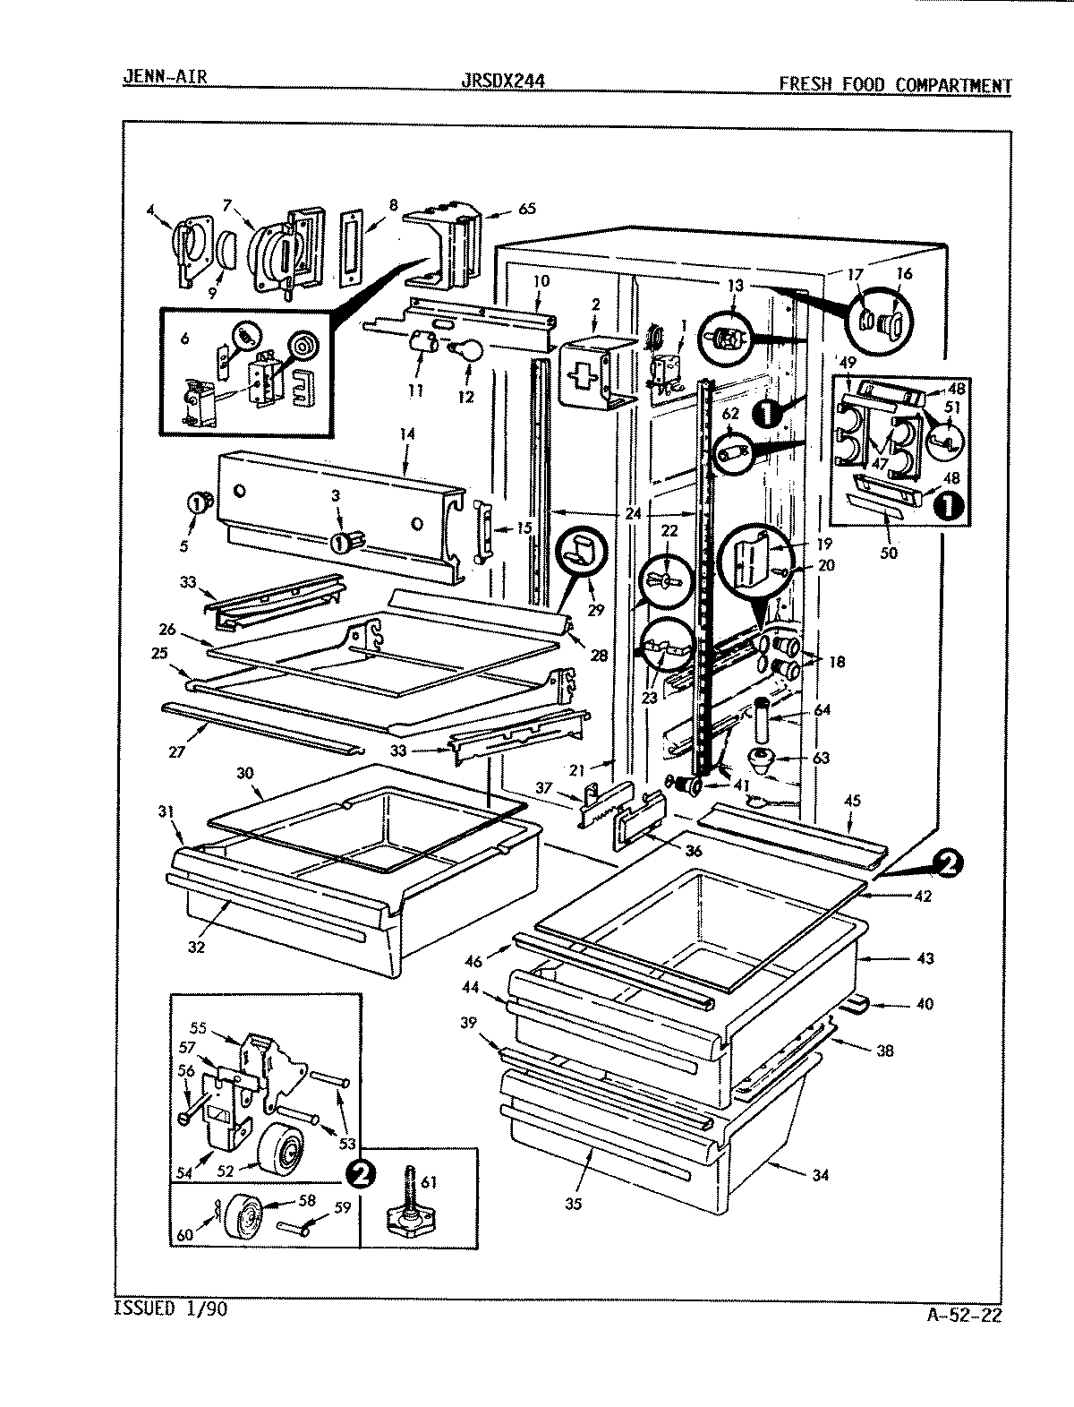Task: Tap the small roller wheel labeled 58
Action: [x=244, y=1217]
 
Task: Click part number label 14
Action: [x=407, y=433]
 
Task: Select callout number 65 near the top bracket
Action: [x=527, y=209]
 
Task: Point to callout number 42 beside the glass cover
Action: [x=923, y=895]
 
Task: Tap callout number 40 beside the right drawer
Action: [x=925, y=1004]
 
